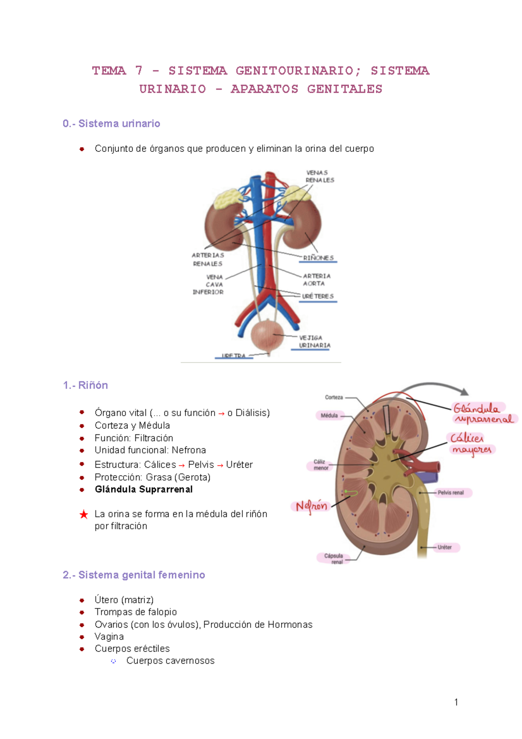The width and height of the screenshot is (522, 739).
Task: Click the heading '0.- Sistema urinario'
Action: click(111, 124)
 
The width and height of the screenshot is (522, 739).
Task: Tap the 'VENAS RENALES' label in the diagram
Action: click(320, 176)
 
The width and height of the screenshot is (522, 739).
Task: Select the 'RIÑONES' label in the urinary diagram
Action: click(318, 258)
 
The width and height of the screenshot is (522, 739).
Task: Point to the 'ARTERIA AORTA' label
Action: click(316, 279)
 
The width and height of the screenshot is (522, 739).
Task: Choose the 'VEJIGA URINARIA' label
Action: click(315, 341)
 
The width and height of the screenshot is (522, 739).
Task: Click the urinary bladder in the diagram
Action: click(267, 336)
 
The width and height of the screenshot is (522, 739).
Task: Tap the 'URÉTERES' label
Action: click(318, 296)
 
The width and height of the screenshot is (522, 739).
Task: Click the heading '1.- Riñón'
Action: click(85, 385)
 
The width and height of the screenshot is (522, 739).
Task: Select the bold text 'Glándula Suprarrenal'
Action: click(144, 489)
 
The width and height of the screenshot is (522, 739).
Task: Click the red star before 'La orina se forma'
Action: click(84, 514)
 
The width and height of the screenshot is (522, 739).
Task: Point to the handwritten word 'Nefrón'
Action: click(311, 506)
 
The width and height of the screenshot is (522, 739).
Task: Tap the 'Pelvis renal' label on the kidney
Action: click(451, 493)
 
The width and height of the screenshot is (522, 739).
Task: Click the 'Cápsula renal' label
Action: click(334, 558)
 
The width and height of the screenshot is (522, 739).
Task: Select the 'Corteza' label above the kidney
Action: click(334, 397)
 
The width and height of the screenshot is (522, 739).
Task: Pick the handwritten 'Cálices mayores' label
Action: click(471, 443)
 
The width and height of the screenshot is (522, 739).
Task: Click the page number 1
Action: click(456, 702)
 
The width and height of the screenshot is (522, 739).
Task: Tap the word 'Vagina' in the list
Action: click(109, 637)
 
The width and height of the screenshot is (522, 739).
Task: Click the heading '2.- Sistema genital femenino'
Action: click(134, 575)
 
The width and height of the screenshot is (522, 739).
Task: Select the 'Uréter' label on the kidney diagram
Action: click(445, 547)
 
